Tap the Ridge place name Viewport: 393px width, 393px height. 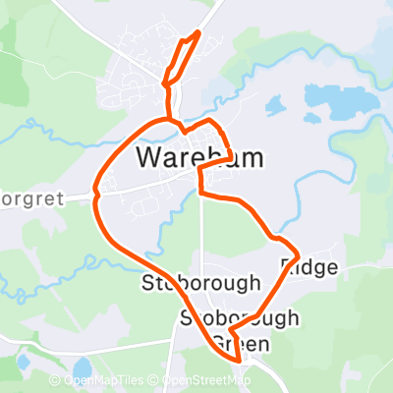[309, 266]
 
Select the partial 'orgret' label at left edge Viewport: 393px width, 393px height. [31, 197]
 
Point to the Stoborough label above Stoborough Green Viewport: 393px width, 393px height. [200, 283]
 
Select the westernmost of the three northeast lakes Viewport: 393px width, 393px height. [275, 105]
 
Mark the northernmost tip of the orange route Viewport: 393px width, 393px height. [199, 32]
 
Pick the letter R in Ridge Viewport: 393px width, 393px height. [288, 266]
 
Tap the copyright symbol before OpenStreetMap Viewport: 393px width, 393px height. [155, 381]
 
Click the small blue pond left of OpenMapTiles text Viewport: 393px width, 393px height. [22, 364]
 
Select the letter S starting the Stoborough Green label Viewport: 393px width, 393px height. [187, 319]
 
